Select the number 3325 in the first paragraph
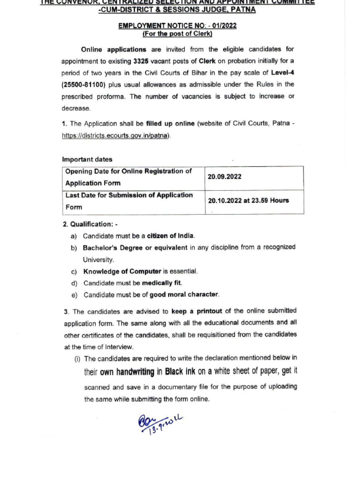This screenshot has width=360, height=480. (x=141, y=61)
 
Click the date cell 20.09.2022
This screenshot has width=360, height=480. (x=225, y=178)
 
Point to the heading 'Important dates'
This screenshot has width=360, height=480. (x=87, y=159)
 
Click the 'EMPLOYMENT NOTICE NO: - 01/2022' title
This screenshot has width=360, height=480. (x=178, y=26)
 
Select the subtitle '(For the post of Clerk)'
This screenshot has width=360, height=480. (x=178, y=34)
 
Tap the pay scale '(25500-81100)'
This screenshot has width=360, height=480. (x=82, y=85)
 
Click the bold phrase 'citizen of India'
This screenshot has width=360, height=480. (x=171, y=235)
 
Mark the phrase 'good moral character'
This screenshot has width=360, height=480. (x=184, y=295)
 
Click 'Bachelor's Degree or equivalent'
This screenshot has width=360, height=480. (x=135, y=247)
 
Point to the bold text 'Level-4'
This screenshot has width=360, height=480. (x=283, y=73)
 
